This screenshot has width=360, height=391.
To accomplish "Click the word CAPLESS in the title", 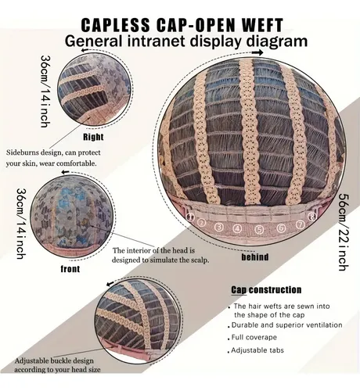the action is click(x=116, y=25).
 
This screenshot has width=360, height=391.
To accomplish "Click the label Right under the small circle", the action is click(x=93, y=137).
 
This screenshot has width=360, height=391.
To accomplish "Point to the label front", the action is click(x=70, y=269).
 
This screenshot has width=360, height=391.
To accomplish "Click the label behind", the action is click(x=255, y=257).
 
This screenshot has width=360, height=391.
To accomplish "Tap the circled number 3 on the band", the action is click(x=219, y=227).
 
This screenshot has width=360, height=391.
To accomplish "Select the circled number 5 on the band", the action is click(x=259, y=229).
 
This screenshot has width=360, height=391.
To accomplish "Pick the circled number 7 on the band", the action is click(x=301, y=224).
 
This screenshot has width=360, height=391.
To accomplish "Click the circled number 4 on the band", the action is click(x=237, y=229).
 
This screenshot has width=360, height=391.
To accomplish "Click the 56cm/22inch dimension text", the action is click(x=344, y=232).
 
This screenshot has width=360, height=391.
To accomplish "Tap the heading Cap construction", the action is click(x=266, y=290).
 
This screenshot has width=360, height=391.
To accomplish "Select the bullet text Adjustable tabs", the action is click(x=257, y=350).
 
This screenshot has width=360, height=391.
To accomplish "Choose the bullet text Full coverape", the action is click(x=254, y=337).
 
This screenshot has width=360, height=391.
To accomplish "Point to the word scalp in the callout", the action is click(x=200, y=260).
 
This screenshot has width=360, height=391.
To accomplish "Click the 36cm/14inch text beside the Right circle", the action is click(x=45, y=91).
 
